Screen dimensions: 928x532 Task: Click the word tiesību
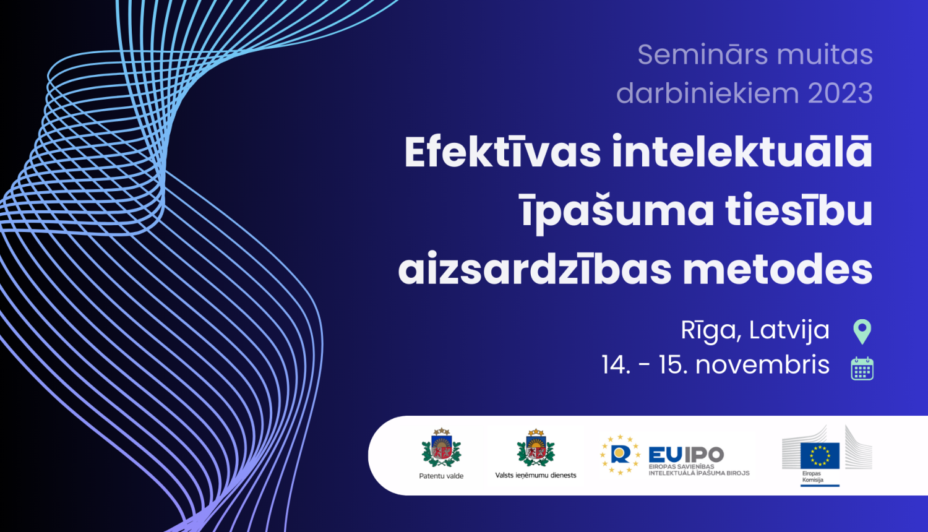click(x=799, y=210)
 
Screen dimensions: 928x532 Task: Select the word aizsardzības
click(x=535, y=269)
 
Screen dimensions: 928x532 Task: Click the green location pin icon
click(x=862, y=331)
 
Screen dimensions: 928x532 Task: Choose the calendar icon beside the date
click(x=862, y=368)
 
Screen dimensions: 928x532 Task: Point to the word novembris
click(x=762, y=365)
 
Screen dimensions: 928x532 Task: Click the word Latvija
click(x=789, y=331)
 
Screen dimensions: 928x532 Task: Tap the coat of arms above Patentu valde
click(x=441, y=448)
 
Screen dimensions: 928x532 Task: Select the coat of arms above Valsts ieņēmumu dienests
click(x=536, y=448)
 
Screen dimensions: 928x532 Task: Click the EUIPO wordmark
click(x=686, y=455)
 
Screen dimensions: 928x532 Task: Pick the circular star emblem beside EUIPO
click(x=620, y=455)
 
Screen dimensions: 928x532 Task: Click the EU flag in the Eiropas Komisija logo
click(x=820, y=455)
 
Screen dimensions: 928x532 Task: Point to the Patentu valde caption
click(x=441, y=476)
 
